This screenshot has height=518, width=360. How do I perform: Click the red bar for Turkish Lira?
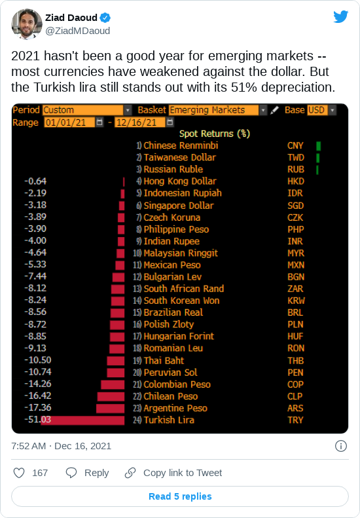pos(82,420)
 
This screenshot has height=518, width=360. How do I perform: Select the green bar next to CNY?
pos(318,146)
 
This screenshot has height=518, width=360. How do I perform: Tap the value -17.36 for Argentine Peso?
pos(38,408)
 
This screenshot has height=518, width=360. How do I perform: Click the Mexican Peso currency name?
pos(172,265)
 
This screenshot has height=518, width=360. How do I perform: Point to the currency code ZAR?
pos(295,289)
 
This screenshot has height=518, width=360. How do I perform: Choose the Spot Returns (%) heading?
pos(215,134)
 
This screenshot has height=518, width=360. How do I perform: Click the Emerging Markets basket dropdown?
pos(217,110)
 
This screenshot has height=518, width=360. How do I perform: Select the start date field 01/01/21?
pos(69,122)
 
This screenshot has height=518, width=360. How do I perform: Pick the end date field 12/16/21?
pos(140,122)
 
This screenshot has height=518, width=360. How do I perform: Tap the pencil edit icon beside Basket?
pos(274,110)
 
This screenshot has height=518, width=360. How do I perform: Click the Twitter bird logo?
pos(340,17)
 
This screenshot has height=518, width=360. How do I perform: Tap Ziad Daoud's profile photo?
pos(27,24)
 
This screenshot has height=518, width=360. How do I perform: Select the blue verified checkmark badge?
pos(105,18)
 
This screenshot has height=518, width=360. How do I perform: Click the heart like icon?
pos(19,473)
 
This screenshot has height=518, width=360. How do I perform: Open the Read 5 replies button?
pos(180,496)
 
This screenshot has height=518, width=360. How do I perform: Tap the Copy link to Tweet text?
pos(183,473)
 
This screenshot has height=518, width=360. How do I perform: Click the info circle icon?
pos(341,446)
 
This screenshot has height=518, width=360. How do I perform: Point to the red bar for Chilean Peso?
pos(111,396)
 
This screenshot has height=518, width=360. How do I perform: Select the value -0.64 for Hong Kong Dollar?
pos(35,181)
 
